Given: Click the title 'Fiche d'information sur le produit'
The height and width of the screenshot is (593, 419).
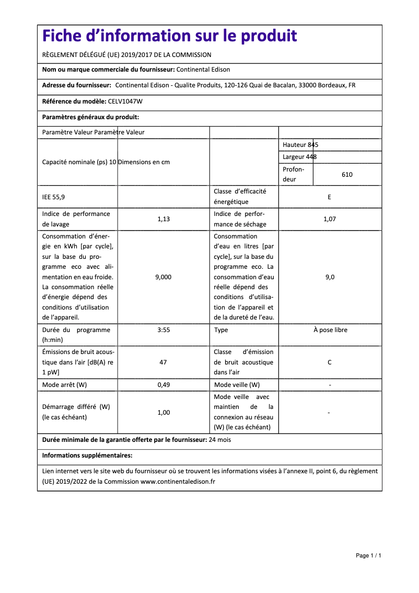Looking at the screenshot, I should click(x=170, y=36).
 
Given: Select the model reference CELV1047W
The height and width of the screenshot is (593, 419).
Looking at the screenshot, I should click(x=125, y=101).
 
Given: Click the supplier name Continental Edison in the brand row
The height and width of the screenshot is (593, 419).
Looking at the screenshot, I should click(x=203, y=70).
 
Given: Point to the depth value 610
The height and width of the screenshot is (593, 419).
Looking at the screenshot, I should click(x=347, y=175).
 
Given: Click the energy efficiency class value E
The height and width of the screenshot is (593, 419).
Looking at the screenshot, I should click(x=329, y=197).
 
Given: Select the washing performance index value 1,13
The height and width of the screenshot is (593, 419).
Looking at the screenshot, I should click(x=164, y=219).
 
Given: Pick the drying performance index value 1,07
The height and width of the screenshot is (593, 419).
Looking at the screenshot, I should click(x=329, y=219).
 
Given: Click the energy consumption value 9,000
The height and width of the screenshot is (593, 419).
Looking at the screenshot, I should click(x=164, y=277).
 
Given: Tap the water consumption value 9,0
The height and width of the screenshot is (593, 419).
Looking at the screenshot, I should click(x=330, y=277).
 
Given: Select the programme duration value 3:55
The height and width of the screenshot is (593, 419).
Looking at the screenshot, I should click(x=164, y=330).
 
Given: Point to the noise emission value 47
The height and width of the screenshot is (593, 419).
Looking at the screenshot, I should click(x=164, y=362).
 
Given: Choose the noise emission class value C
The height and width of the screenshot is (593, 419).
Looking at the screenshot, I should click(x=330, y=362).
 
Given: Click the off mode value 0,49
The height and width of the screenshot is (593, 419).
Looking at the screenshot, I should click(x=164, y=385).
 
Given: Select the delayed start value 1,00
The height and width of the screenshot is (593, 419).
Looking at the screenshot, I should click(x=164, y=413).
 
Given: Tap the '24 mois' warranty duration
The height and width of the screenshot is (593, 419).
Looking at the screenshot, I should click(x=220, y=440).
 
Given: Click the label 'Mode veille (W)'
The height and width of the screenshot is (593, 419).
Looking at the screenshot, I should click(x=237, y=385).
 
